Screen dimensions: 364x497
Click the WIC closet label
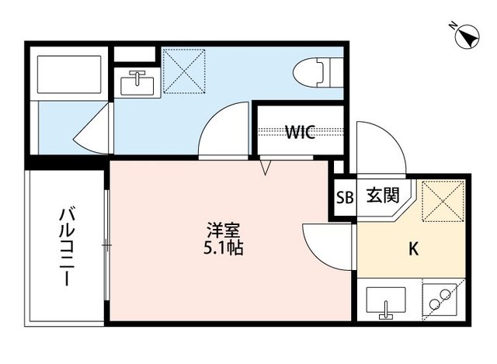[300, 133]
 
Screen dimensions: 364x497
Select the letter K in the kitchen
[414, 250]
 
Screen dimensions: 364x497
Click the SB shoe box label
[345, 197]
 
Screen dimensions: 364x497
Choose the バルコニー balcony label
[68, 247]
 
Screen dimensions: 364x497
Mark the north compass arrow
[468, 36]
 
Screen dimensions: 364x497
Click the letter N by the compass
[453, 26]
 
